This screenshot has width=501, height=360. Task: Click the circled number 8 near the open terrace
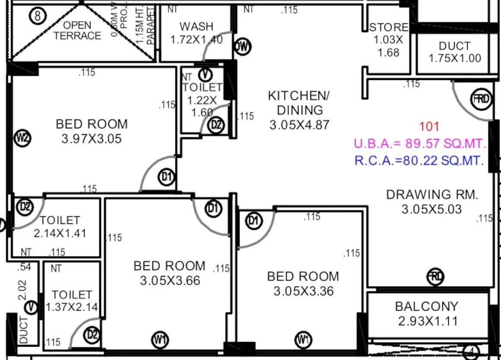38,17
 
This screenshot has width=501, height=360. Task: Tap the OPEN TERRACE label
77,31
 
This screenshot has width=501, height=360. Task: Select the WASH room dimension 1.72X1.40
197,40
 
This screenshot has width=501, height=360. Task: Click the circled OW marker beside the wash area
243,47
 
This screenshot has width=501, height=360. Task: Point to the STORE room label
389,28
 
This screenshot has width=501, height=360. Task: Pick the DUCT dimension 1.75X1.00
455,58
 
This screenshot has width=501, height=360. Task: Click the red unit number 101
429,127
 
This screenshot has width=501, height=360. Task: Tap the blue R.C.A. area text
419,161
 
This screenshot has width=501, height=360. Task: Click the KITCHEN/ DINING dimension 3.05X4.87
299,125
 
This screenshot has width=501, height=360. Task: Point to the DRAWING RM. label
432,194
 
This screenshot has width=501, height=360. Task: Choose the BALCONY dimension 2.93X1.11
426,321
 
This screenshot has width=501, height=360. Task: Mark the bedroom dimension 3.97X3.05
92,139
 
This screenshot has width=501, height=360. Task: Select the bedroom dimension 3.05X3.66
170,280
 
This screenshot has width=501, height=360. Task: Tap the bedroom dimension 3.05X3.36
303,291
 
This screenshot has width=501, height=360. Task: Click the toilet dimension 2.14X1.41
60,233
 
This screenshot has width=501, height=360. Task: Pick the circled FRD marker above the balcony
435,276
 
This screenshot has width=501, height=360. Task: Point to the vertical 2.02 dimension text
23,290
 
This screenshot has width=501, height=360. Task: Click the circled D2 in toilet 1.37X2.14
92,335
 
